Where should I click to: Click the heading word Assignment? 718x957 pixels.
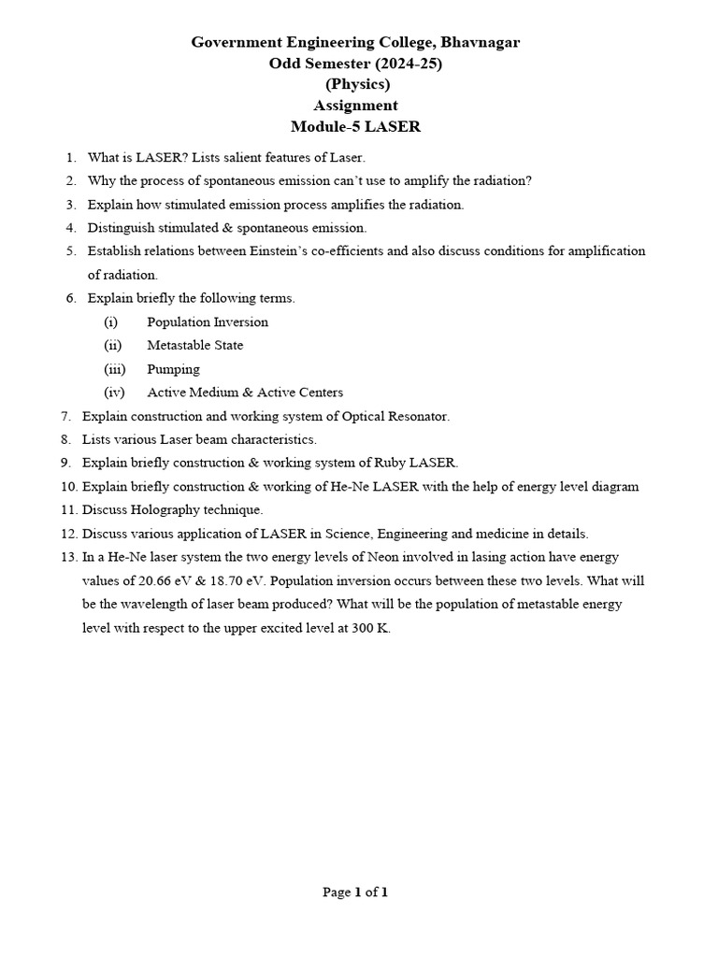pos(355,106)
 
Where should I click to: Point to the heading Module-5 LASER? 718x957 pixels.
pos(356,127)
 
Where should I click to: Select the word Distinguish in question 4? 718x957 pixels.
pos(122,227)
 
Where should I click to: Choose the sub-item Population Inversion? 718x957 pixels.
pos(208,321)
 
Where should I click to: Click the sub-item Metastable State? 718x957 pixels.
pos(195,345)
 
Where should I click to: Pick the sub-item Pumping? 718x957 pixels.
pos(173,369)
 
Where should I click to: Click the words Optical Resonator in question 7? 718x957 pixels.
pos(398,416)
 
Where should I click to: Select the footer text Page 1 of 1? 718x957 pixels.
pos(355,892)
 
